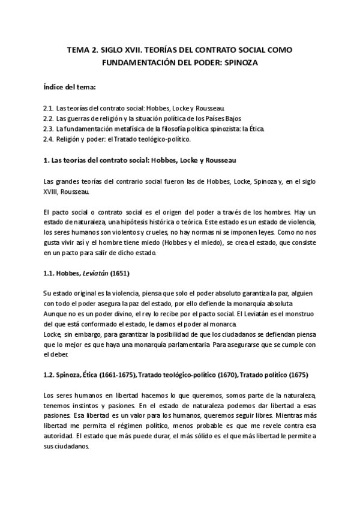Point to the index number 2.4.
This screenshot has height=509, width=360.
[49, 139]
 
